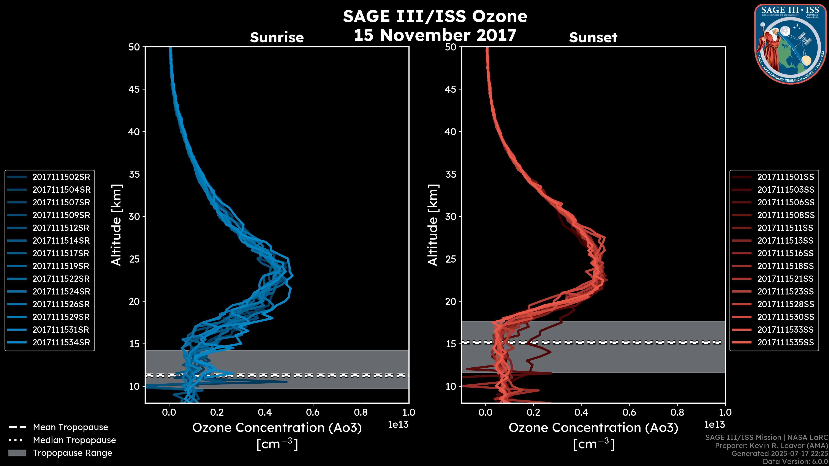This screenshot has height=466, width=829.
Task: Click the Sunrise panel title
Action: (277, 37)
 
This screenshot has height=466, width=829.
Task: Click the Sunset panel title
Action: (593, 37)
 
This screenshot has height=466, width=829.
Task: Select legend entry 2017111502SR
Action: (61, 177)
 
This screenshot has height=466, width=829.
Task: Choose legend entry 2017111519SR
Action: (61, 266)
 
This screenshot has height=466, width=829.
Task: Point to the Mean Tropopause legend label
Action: (70, 427)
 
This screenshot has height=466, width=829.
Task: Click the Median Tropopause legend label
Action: (74, 440)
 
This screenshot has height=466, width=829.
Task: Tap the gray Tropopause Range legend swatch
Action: (17, 453)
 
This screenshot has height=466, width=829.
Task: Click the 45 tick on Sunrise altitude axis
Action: (134, 89)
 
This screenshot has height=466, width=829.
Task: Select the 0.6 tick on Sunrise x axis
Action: (313, 412)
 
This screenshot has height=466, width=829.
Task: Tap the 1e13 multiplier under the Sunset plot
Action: (714, 425)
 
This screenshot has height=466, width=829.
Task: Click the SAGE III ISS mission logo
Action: (790, 44)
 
